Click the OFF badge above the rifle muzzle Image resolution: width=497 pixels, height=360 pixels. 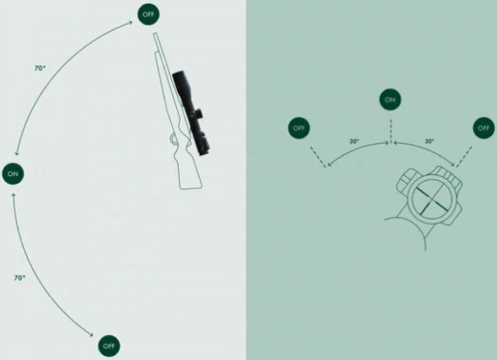(x=148, y=14)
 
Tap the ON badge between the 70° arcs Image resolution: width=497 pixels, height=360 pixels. (x=13, y=174)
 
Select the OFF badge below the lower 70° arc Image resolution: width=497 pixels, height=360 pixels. (x=108, y=346)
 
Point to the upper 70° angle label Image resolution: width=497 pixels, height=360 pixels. (x=40, y=69)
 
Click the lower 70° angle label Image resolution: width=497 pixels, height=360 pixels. (x=20, y=277)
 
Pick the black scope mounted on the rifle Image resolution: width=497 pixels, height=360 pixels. (x=191, y=112)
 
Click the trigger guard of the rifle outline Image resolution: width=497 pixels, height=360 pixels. (x=174, y=139)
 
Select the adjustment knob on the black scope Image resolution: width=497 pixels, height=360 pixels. (x=199, y=113)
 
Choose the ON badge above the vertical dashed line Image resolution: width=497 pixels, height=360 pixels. (x=390, y=99)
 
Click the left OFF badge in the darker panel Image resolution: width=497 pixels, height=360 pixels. (x=299, y=127)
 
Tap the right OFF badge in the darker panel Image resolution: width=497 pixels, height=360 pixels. (x=483, y=127)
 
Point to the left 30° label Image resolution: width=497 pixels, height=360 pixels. (x=354, y=141)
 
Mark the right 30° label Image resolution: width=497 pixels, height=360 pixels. (x=429, y=141)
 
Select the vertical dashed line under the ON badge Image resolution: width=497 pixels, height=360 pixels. (x=391, y=131)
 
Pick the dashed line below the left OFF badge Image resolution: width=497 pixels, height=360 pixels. (x=318, y=157)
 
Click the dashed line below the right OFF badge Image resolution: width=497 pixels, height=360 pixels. (x=464, y=156)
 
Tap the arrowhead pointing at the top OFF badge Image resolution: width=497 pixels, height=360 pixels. (x=130, y=23)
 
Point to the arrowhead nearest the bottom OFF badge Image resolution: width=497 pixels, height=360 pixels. (x=91, y=335)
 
